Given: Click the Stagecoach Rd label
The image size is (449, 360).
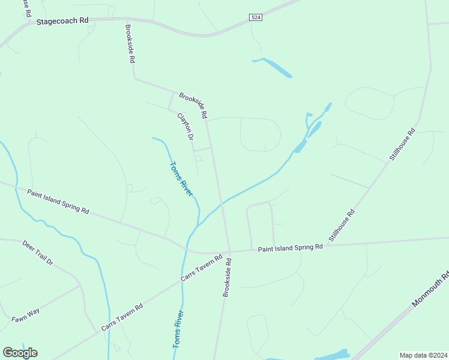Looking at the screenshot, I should click(x=62, y=20).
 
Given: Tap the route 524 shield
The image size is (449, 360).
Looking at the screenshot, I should click(x=256, y=18).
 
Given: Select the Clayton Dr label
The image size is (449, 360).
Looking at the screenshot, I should click(x=185, y=127).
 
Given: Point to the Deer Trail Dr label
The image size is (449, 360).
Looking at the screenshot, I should click(x=38, y=253).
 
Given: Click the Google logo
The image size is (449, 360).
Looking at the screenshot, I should click(x=20, y=353).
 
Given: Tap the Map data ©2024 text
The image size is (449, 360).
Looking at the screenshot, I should click(x=423, y=355).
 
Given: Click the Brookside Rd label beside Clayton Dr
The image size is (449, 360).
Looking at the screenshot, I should click(x=193, y=105).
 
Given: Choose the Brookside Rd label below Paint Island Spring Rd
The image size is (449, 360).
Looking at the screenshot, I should click(x=228, y=276).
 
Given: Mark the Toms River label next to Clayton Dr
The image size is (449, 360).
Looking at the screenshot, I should click(x=181, y=179).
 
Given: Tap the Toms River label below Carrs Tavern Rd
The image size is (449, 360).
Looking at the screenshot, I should click(x=178, y=329).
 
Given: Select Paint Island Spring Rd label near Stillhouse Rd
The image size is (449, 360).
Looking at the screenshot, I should click(x=291, y=248).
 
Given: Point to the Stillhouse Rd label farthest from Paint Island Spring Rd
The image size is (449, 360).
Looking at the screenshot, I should click(x=403, y=144).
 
